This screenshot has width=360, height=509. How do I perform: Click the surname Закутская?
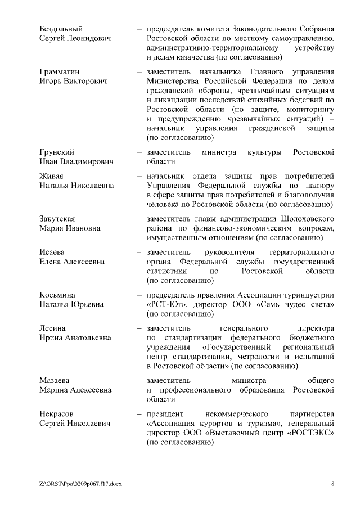pos(57,218)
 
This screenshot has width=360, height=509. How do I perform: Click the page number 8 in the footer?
pos(333,484)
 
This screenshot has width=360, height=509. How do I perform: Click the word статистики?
pos(164,271)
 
